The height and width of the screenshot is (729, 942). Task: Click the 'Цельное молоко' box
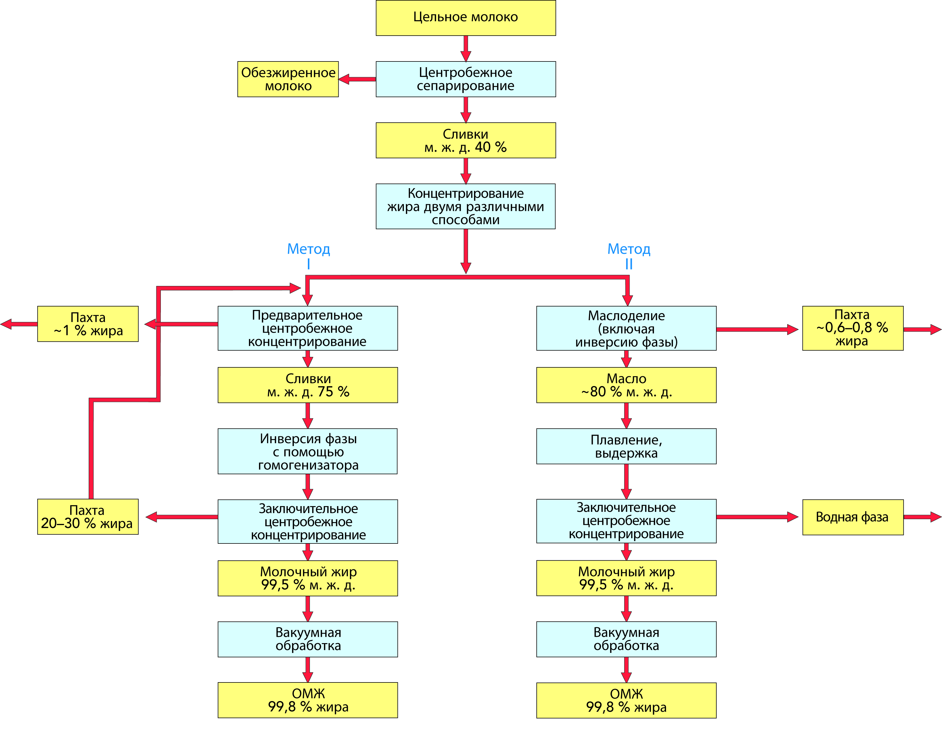(x=465, y=18)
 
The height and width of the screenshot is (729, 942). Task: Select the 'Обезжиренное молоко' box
(x=288, y=79)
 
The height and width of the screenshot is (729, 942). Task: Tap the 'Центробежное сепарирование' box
(x=465, y=79)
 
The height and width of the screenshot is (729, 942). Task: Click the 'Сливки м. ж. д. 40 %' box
(x=465, y=140)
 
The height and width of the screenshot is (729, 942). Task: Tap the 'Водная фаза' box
(x=852, y=517)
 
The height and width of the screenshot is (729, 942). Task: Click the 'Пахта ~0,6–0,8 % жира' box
(x=852, y=328)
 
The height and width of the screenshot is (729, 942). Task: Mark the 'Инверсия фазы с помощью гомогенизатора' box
(x=308, y=451)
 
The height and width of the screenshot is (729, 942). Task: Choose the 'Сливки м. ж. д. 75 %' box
(x=308, y=385)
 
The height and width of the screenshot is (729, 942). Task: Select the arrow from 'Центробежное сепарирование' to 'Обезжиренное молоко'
(x=357, y=79)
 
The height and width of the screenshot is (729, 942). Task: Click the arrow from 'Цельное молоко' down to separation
(x=465, y=48)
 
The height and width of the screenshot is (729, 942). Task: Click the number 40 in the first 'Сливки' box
(x=483, y=147)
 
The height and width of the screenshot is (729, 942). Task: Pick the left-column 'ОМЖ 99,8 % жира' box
(x=308, y=700)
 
